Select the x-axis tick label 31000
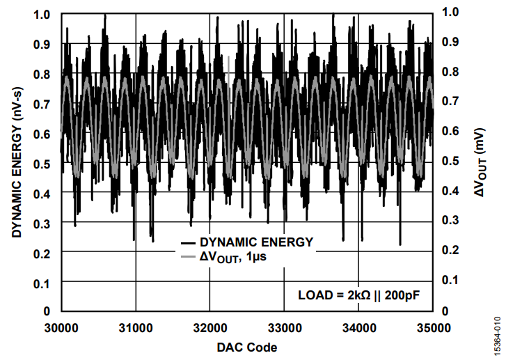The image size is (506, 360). (136, 327)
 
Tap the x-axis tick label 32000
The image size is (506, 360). (209, 327)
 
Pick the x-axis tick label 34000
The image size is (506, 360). (358, 327)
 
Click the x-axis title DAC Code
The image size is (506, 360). (246, 347)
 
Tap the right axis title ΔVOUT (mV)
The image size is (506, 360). (480, 162)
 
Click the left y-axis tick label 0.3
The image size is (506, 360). (42, 221)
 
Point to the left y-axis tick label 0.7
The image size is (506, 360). (42, 103)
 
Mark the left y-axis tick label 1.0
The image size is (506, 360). (42, 14)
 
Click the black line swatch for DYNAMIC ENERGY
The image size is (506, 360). (187, 243)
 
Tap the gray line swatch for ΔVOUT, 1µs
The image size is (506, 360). (187, 258)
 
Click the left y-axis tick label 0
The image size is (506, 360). (47, 311)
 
